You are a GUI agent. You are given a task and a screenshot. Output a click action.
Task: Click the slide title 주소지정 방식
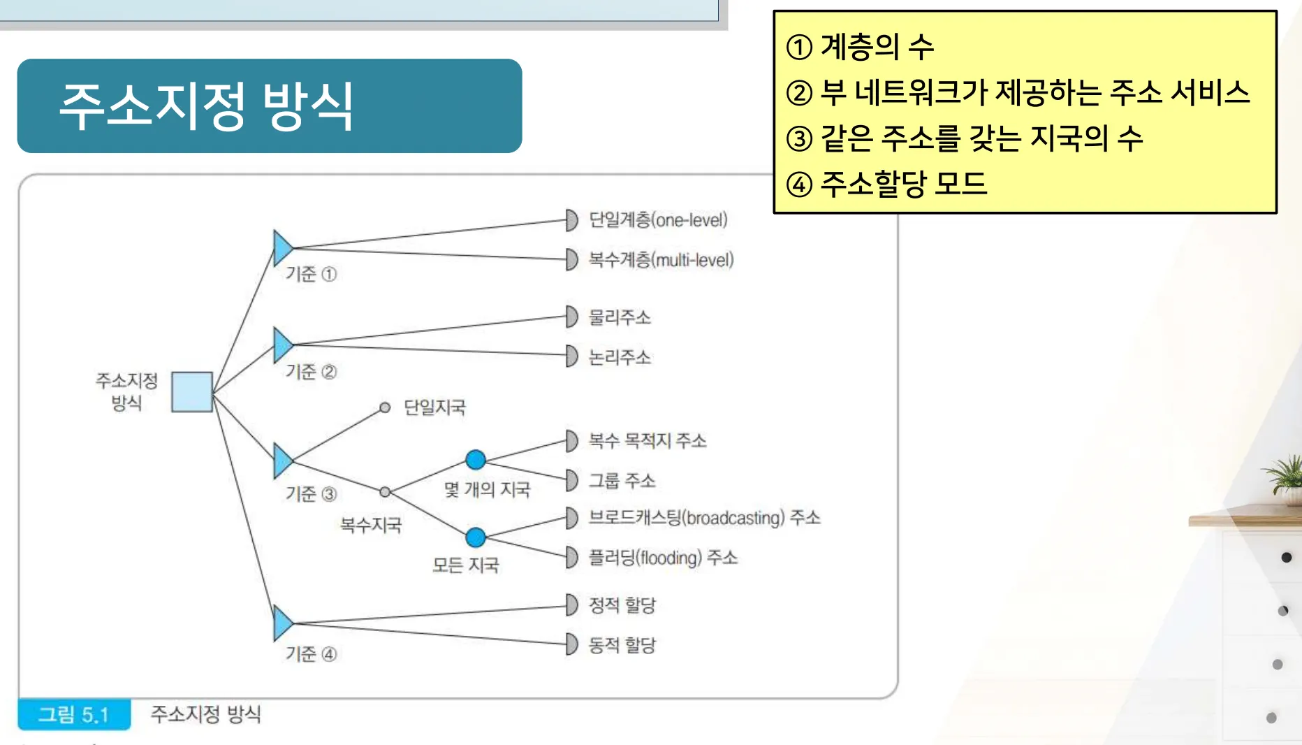(x=207, y=106)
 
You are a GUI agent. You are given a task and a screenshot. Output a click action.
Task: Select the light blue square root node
(x=192, y=392)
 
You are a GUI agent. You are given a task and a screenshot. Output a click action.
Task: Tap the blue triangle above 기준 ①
(x=283, y=247)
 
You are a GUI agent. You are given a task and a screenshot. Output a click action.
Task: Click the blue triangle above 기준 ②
(x=283, y=345)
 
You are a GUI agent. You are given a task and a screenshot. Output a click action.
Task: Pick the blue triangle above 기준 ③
(x=283, y=461)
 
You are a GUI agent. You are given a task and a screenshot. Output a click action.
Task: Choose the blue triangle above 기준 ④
(x=283, y=623)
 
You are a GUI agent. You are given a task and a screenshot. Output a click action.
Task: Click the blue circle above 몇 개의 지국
(x=476, y=460)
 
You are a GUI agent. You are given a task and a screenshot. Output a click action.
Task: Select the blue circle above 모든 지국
(x=476, y=537)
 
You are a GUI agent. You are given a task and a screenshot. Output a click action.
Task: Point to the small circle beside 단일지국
(x=385, y=407)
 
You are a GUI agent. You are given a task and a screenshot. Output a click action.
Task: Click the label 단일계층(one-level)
(x=658, y=220)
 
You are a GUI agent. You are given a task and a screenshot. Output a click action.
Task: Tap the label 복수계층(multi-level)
(x=661, y=260)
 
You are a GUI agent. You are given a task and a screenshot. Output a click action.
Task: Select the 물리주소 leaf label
(x=620, y=317)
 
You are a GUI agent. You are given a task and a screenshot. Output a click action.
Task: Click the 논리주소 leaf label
(x=620, y=357)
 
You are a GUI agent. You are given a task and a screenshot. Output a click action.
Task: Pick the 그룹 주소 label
(x=622, y=480)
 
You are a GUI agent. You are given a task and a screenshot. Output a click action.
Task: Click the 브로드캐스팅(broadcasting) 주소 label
(x=705, y=518)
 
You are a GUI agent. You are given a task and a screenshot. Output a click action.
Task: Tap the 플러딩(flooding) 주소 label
(x=664, y=558)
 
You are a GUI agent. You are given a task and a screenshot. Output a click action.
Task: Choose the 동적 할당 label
(x=622, y=644)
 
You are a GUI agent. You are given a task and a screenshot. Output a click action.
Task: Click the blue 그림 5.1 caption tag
(x=74, y=714)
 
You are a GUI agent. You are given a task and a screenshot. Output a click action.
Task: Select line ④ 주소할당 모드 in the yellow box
(x=886, y=184)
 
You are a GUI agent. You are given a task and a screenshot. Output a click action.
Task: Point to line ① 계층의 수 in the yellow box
(x=860, y=47)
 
